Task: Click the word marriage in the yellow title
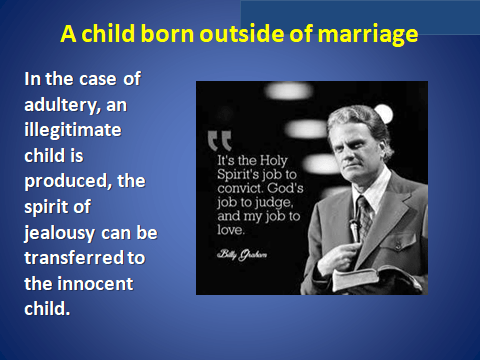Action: click(x=368, y=35)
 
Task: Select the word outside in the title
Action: click(x=242, y=33)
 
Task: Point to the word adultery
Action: click(x=63, y=105)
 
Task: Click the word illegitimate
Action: click(x=73, y=131)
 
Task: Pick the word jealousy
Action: click(x=59, y=233)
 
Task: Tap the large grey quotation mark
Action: click(x=220, y=141)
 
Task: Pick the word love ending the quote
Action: click(x=231, y=230)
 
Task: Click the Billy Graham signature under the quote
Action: click(x=242, y=255)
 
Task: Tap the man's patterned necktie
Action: click(x=364, y=215)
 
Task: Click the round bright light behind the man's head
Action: click(x=384, y=114)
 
